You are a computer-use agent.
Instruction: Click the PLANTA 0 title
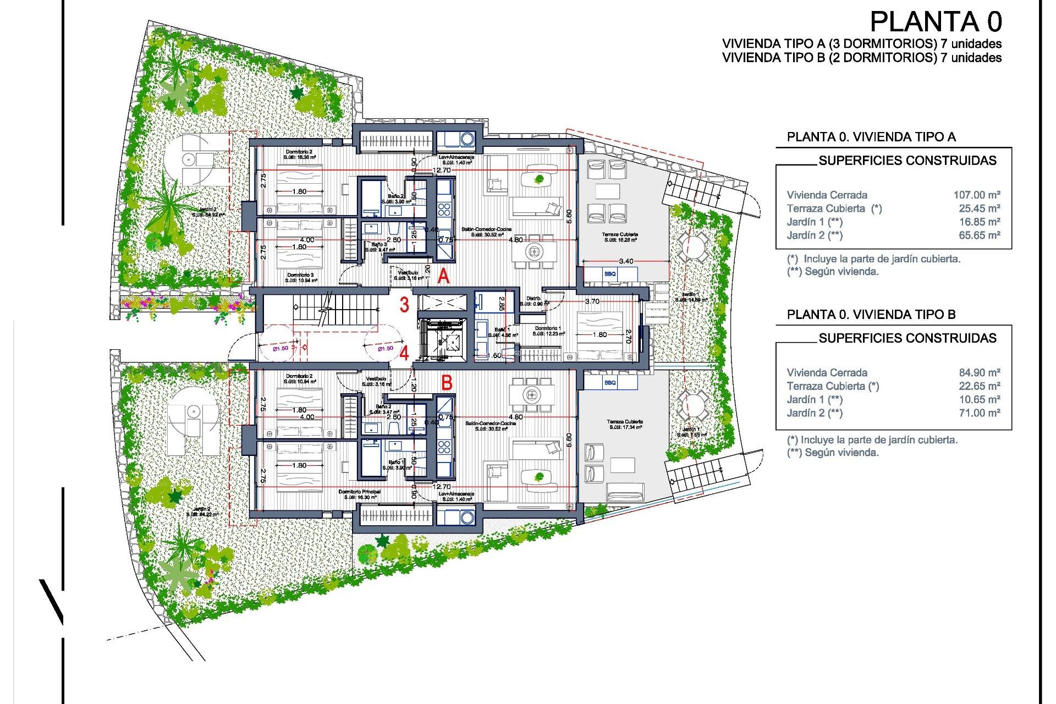click(936, 23)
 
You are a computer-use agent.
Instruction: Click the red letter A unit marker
click(443, 276)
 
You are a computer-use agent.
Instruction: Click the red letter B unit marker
click(447, 382)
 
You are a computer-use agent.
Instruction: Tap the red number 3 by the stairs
click(404, 305)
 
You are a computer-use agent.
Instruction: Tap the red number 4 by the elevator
click(404, 353)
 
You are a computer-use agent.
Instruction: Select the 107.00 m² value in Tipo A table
click(976, 195)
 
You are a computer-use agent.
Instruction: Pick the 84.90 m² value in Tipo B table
click(979, 372)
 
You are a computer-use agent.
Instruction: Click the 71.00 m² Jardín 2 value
click(979, 413)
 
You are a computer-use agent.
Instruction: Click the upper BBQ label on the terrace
click(610, 274)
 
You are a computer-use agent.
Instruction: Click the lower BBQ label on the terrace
click(610, 383)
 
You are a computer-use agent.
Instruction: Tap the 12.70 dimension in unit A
click(441, 170)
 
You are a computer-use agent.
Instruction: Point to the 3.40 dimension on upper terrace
click(626, 261)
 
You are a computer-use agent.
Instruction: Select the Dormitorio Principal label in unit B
click(360, 492)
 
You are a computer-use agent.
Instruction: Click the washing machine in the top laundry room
click(467, 139)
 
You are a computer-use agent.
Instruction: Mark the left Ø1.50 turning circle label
click(280, 348)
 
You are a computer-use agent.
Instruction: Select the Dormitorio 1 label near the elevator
click(548, 328)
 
